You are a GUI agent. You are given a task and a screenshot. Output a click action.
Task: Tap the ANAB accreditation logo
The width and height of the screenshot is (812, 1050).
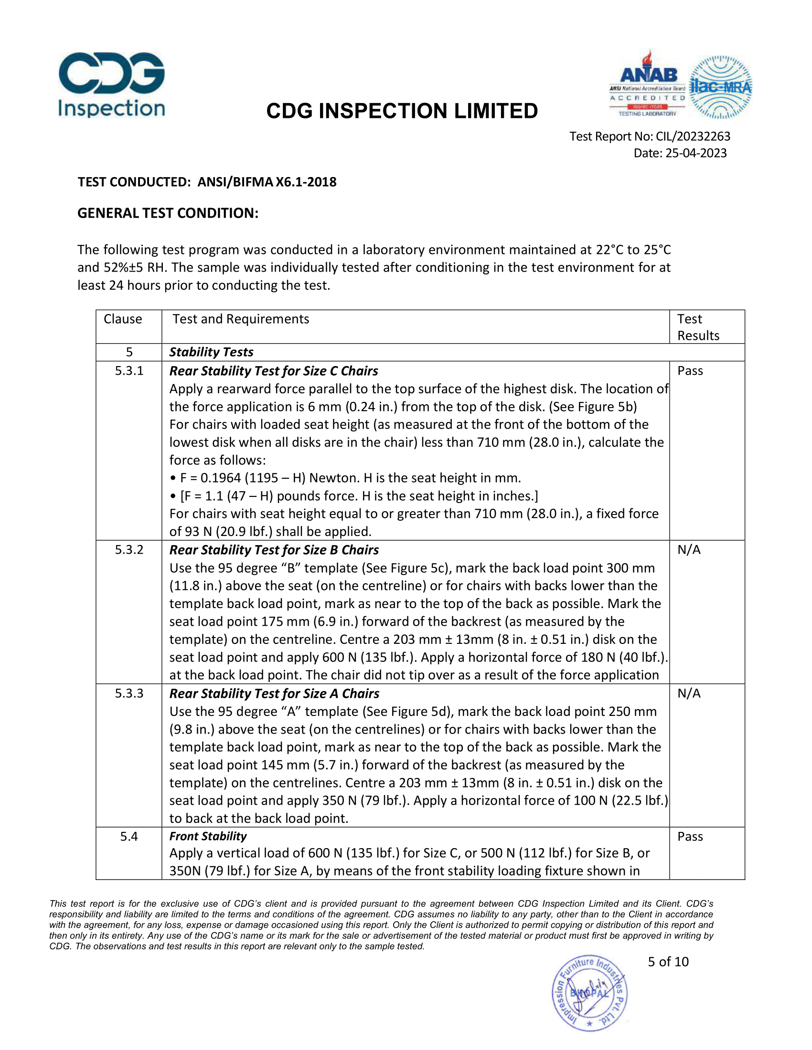point(648,84)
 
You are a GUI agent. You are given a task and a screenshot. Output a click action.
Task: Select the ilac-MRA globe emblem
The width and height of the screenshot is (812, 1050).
point(720,87)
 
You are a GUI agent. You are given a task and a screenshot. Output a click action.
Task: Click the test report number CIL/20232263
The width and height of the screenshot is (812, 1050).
point(693,136)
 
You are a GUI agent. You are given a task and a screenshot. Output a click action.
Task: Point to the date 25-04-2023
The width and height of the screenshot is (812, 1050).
point(695,153)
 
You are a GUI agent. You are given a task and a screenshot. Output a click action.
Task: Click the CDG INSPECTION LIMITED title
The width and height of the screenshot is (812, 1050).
point(402,111)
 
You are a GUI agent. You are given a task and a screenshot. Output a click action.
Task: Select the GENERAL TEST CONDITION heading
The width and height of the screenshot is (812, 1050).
point(168,213)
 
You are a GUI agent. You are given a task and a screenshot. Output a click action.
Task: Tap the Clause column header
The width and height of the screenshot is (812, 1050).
point(123,319)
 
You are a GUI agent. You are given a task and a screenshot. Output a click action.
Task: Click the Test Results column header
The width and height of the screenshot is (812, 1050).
point(698,327)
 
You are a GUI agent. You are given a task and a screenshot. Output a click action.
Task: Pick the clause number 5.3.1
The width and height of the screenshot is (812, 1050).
point(129,371)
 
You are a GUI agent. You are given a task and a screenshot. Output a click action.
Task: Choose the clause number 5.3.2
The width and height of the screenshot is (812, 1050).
point(129,549)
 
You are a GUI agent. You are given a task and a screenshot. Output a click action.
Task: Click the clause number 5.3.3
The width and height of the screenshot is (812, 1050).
point(129,693)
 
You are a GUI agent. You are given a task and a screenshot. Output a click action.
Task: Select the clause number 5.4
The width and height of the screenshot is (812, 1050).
point(129,837)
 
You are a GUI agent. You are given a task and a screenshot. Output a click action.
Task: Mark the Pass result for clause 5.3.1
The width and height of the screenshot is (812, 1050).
point(690,371)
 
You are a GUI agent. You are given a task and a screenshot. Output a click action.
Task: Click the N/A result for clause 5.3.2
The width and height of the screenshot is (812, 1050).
point(689,549)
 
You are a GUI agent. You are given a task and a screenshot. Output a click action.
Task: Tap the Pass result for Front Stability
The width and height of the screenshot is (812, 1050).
point(690,837)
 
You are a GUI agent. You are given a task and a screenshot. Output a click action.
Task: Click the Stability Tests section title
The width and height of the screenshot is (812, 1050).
point(211,352)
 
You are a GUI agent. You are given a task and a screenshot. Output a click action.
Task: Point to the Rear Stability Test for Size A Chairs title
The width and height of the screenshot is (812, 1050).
point(274,693)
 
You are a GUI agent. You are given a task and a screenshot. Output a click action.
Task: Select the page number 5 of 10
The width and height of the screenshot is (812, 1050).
point(668,962)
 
